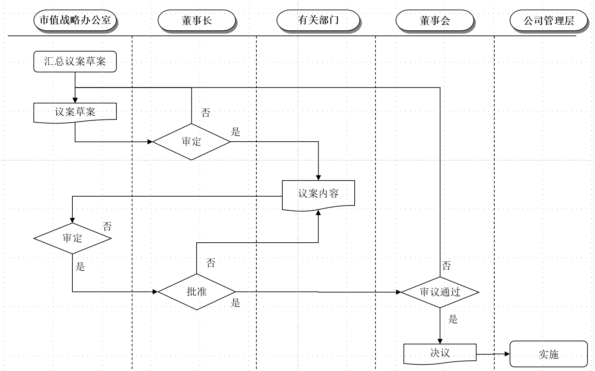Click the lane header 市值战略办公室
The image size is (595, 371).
75,20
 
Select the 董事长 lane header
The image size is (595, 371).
197,20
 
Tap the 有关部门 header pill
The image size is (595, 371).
318,20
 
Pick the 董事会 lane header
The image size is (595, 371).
435,20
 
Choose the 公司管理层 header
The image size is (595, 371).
549,20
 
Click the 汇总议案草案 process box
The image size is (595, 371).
75,61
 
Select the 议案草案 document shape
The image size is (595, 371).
75,112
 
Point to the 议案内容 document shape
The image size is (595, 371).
318,194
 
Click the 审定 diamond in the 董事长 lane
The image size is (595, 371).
192,142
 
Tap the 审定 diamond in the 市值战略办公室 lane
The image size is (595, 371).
72,238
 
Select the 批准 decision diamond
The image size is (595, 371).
197,292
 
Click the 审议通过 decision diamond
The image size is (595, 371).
440,292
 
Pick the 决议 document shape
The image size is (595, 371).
440,353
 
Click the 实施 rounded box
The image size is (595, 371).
548,354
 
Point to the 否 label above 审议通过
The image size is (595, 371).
446,266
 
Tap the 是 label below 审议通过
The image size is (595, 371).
453,319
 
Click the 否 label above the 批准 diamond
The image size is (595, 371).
211,263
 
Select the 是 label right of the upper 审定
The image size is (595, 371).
236,132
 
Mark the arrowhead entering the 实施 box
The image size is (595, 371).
507,354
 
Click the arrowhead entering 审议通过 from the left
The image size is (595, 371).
398,292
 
